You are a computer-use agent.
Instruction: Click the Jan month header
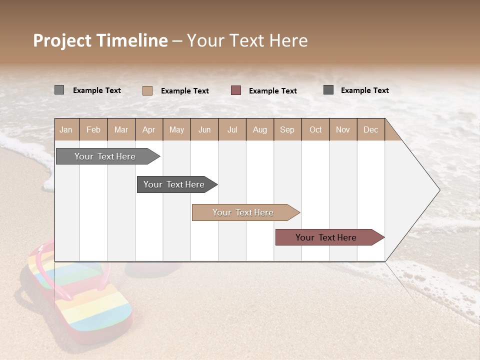click(66, 129)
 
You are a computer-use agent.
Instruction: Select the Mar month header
click(121, 129)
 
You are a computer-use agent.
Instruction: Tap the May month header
click(176, 129)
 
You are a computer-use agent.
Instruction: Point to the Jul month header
click(232, 129)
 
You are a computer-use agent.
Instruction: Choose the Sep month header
click(287, 129)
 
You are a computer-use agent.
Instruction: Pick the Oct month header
click(315, 129)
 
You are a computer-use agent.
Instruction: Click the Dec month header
click(370, 129)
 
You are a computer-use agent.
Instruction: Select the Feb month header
click(93, 129)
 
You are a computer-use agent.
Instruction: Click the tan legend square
click(147, 90)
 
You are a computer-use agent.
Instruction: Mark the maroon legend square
click(236, 90)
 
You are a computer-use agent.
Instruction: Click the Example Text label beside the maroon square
click(272, 91)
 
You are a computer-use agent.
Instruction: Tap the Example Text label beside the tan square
click(184, 91)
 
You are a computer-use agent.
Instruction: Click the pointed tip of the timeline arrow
click(438, 190)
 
